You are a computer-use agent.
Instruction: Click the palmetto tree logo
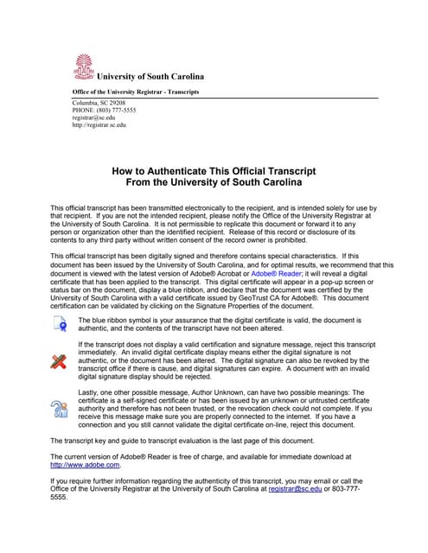(x=83, y=67)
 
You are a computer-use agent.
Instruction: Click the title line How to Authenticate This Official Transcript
(x=214, y=172)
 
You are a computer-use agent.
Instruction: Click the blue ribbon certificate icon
(x=59, y=325)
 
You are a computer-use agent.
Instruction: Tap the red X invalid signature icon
(x=59, y=361)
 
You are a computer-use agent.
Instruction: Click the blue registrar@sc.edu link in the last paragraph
(x=293, y=488)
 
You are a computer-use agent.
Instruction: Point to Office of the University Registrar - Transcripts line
(x=135, y=92)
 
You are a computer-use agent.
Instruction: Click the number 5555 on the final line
(x=59, y=498)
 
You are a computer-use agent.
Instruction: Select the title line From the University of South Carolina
(x=214, y=183)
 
